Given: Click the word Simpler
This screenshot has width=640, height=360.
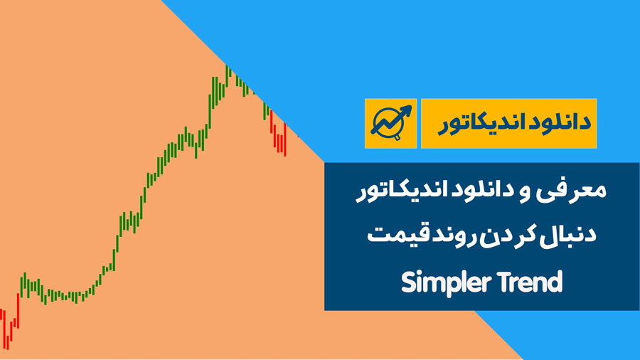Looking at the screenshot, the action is point(444,282).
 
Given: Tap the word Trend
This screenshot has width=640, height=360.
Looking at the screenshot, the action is point(530,282).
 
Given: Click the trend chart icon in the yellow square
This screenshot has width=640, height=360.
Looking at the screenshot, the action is point(391,122).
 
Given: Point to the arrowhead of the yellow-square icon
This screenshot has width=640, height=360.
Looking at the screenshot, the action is point(406,110).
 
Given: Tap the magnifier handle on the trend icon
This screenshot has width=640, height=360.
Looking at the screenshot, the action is point(397,138).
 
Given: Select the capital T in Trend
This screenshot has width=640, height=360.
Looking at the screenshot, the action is point(503,282).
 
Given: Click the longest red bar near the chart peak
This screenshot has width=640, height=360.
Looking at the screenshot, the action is point(285,139).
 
